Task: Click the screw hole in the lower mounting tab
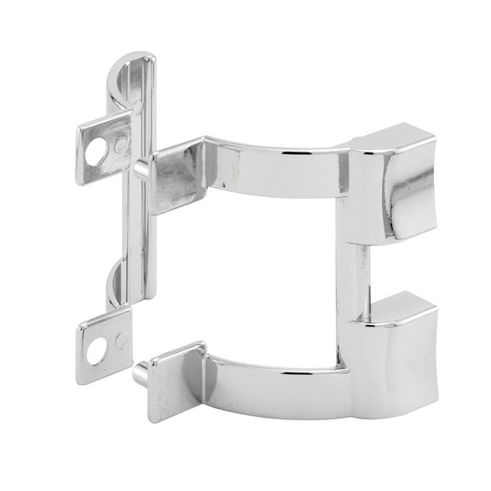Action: (96, 348)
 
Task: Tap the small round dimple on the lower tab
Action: (121, 341)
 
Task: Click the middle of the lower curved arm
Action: (273, 384)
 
